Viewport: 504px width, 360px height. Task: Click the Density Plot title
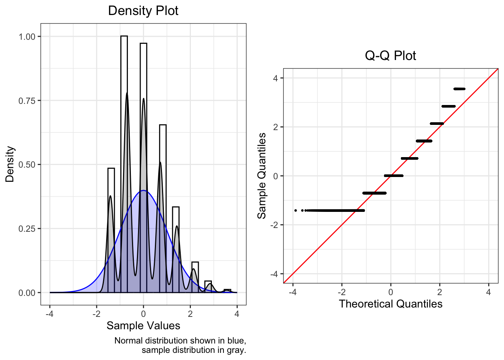point(143,10)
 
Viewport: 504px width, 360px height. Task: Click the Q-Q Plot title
point(390,55)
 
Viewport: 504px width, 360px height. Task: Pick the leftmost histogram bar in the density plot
point(111,225)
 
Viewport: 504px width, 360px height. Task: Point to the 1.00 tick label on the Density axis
point(27,37)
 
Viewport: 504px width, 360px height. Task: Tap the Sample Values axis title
point(143,325)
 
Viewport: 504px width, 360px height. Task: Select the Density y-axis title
point(10,164)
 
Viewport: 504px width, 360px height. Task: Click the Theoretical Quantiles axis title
point(390,304)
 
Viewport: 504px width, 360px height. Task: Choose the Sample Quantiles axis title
point(262,175)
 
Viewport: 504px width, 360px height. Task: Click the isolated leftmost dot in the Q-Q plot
point(295,210)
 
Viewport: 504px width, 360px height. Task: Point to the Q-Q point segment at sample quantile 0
point(394,175)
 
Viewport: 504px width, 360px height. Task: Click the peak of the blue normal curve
point(143,190)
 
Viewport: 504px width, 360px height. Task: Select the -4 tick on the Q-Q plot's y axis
point(276,274)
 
